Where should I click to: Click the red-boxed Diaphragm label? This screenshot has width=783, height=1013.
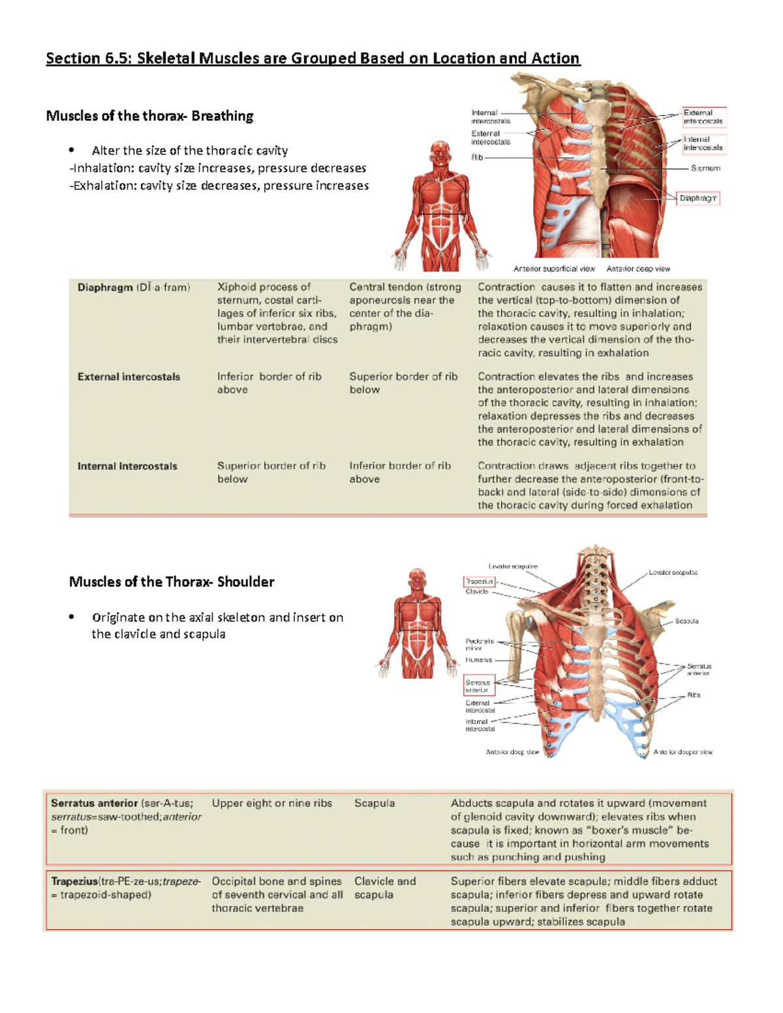click(698, 198)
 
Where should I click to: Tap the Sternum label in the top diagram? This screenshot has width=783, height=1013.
click(705, 168)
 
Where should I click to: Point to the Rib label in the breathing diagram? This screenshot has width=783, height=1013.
click(477, 157)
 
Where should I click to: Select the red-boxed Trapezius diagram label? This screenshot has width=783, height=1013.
click(480, 581)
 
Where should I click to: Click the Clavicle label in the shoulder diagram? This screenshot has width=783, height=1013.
click(476, 592)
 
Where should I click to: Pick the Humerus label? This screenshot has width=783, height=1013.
click(478, 660)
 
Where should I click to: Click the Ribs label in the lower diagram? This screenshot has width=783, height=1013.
click(693, 695)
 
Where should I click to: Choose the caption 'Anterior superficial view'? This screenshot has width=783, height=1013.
click(554, 269)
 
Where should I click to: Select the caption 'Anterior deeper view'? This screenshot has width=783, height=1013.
click(683, 752)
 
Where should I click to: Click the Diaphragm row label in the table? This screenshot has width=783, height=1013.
click(104, 287)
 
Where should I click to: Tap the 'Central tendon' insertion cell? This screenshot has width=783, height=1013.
click(405, 307)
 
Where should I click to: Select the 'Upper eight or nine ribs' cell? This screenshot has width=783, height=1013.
click(271, 804)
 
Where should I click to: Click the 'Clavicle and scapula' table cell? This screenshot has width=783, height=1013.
click(385, 888)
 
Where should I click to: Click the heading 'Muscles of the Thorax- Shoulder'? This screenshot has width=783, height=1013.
click(172, 582)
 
